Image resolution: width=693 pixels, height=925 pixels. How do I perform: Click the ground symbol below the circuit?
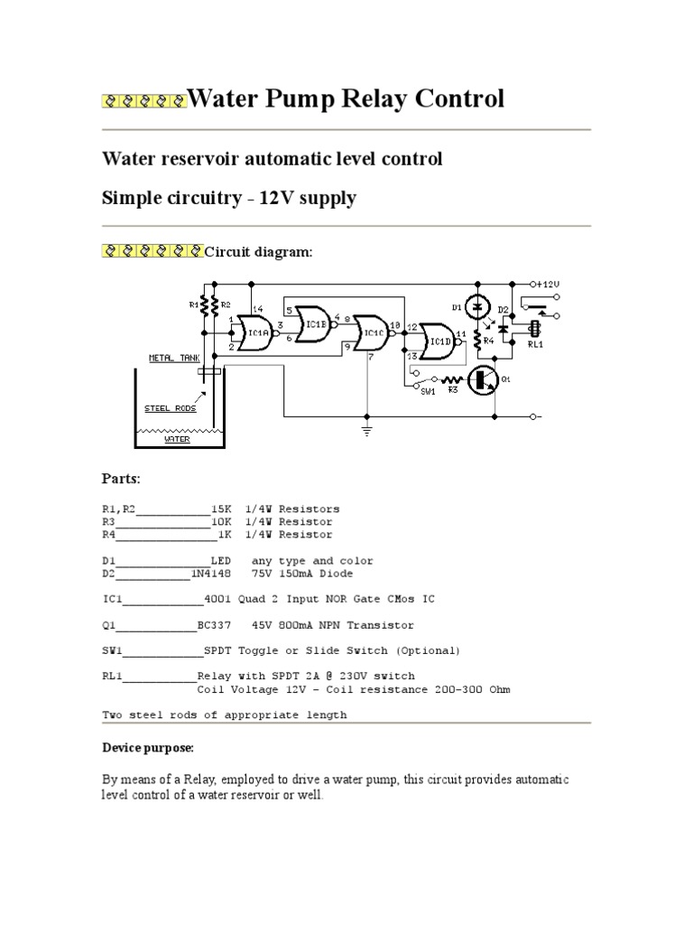pos(366,430)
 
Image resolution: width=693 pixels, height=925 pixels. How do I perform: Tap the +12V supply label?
pos(548,283)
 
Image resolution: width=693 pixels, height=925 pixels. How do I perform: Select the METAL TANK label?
pos(174,358)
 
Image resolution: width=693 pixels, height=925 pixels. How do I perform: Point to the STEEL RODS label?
pos(169,408)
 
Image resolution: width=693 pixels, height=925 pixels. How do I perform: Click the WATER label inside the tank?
pos(177,440)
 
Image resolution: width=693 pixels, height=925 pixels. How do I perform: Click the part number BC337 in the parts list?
pos(215,625)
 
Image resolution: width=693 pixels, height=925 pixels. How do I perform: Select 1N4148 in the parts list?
pos(210,573)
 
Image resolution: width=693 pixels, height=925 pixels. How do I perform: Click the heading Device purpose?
pos(147,749)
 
